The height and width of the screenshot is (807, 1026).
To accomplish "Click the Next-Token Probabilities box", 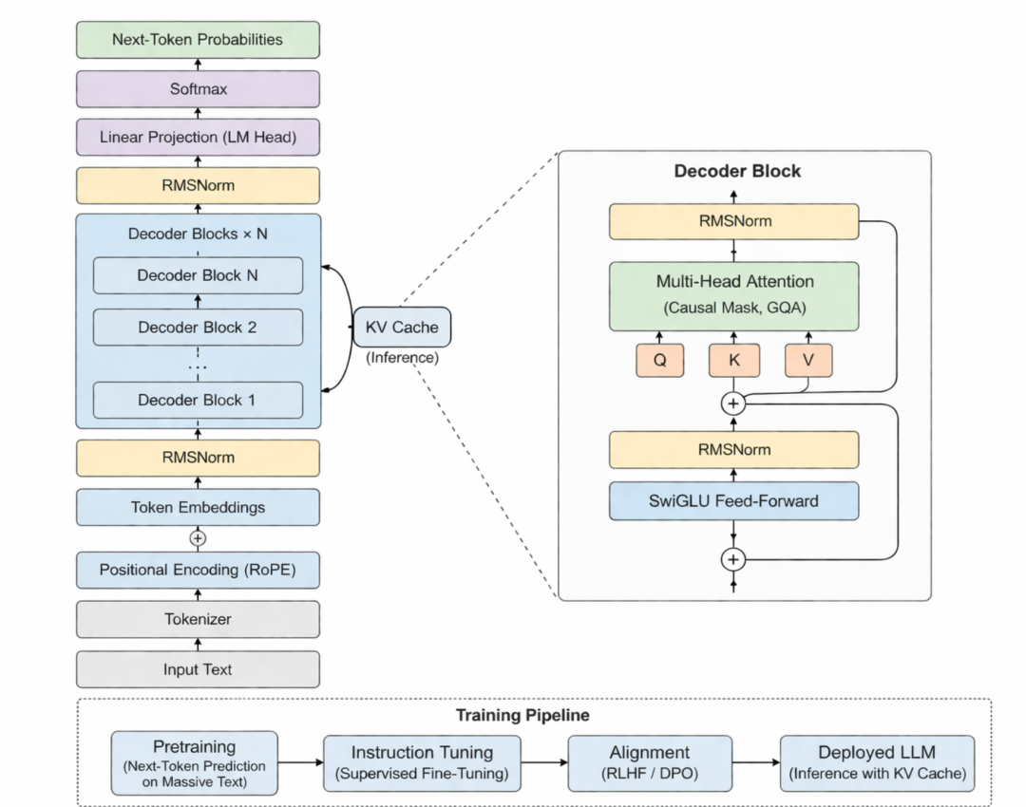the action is click(198, 39).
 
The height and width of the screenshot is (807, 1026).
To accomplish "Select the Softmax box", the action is click(198, 89).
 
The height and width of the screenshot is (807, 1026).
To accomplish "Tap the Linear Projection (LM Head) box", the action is click(198, 138).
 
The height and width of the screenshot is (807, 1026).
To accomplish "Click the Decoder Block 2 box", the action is click(198, 327).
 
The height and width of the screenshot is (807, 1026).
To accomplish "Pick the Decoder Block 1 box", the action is click(198, 400).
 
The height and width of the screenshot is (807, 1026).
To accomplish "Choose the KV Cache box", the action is click(402, 327).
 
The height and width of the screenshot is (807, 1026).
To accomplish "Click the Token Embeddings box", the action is click(198, 508).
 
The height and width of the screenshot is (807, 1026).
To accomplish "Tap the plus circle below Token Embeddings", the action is click(198, 538).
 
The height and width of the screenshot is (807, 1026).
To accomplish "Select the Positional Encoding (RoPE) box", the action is click(198, 570).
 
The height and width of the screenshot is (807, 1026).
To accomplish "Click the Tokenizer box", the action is click(198, 619).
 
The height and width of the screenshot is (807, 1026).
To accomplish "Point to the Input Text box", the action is click(198, 669).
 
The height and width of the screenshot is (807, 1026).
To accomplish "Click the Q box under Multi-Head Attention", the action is click(659, 361).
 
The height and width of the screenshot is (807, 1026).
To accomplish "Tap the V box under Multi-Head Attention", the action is click(808, 361).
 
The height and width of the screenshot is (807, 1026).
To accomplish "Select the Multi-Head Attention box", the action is click(734, 296).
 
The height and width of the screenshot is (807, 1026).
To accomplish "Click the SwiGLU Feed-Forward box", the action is click(734, 501).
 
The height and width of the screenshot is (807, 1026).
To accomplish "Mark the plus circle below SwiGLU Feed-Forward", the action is click(733, 560).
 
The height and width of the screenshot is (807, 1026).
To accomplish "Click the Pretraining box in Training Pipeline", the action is click(195, 763).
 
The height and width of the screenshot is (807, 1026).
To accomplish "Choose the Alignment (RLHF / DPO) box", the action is click(650, 763).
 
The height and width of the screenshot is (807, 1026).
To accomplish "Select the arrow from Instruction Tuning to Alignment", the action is click(544, 762).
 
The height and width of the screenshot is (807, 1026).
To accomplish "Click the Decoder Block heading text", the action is click(737, 171).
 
